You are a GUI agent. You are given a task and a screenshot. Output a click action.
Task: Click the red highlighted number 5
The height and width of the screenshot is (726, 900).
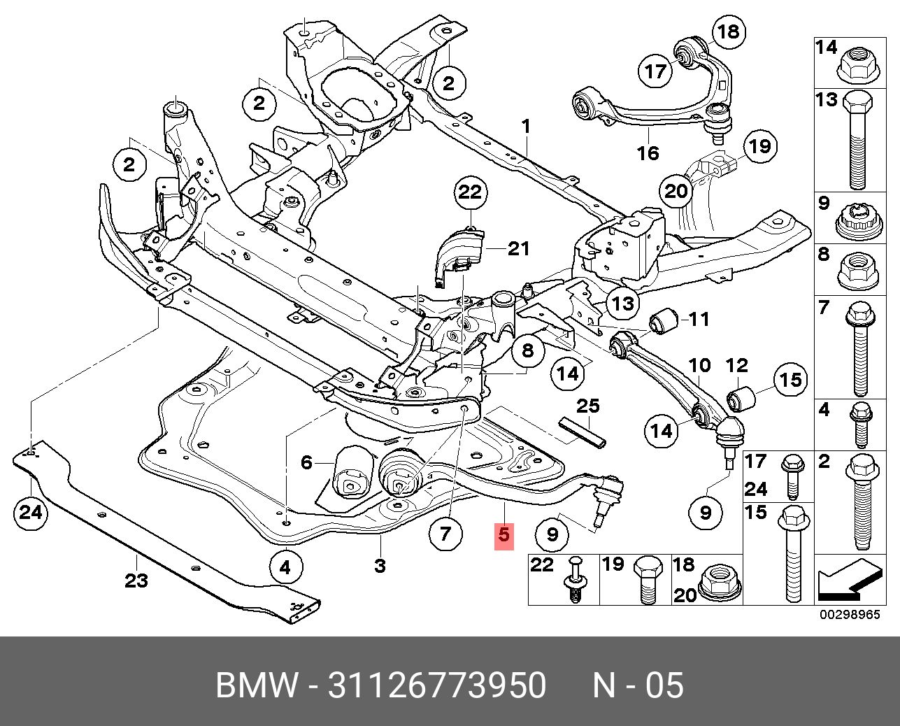[x=503, y=535]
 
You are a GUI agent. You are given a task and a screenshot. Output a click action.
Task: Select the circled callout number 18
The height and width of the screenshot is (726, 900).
[x=727, y=31]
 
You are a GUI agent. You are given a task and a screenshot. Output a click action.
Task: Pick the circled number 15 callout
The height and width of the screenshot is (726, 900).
[x=790, y=380]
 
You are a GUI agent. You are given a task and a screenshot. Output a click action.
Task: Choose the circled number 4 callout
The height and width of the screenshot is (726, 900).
[x=285, y=567]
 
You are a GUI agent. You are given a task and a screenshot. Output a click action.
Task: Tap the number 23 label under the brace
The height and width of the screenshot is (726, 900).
[x=136, y=580]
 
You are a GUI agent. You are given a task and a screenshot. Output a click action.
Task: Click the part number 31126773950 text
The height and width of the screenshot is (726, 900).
[x=436, y=685]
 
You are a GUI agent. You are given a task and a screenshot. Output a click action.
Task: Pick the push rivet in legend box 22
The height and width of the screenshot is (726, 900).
[x=576, y=583]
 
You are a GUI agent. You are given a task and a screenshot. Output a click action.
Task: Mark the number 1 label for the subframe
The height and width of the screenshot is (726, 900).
[x=525, y=127]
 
